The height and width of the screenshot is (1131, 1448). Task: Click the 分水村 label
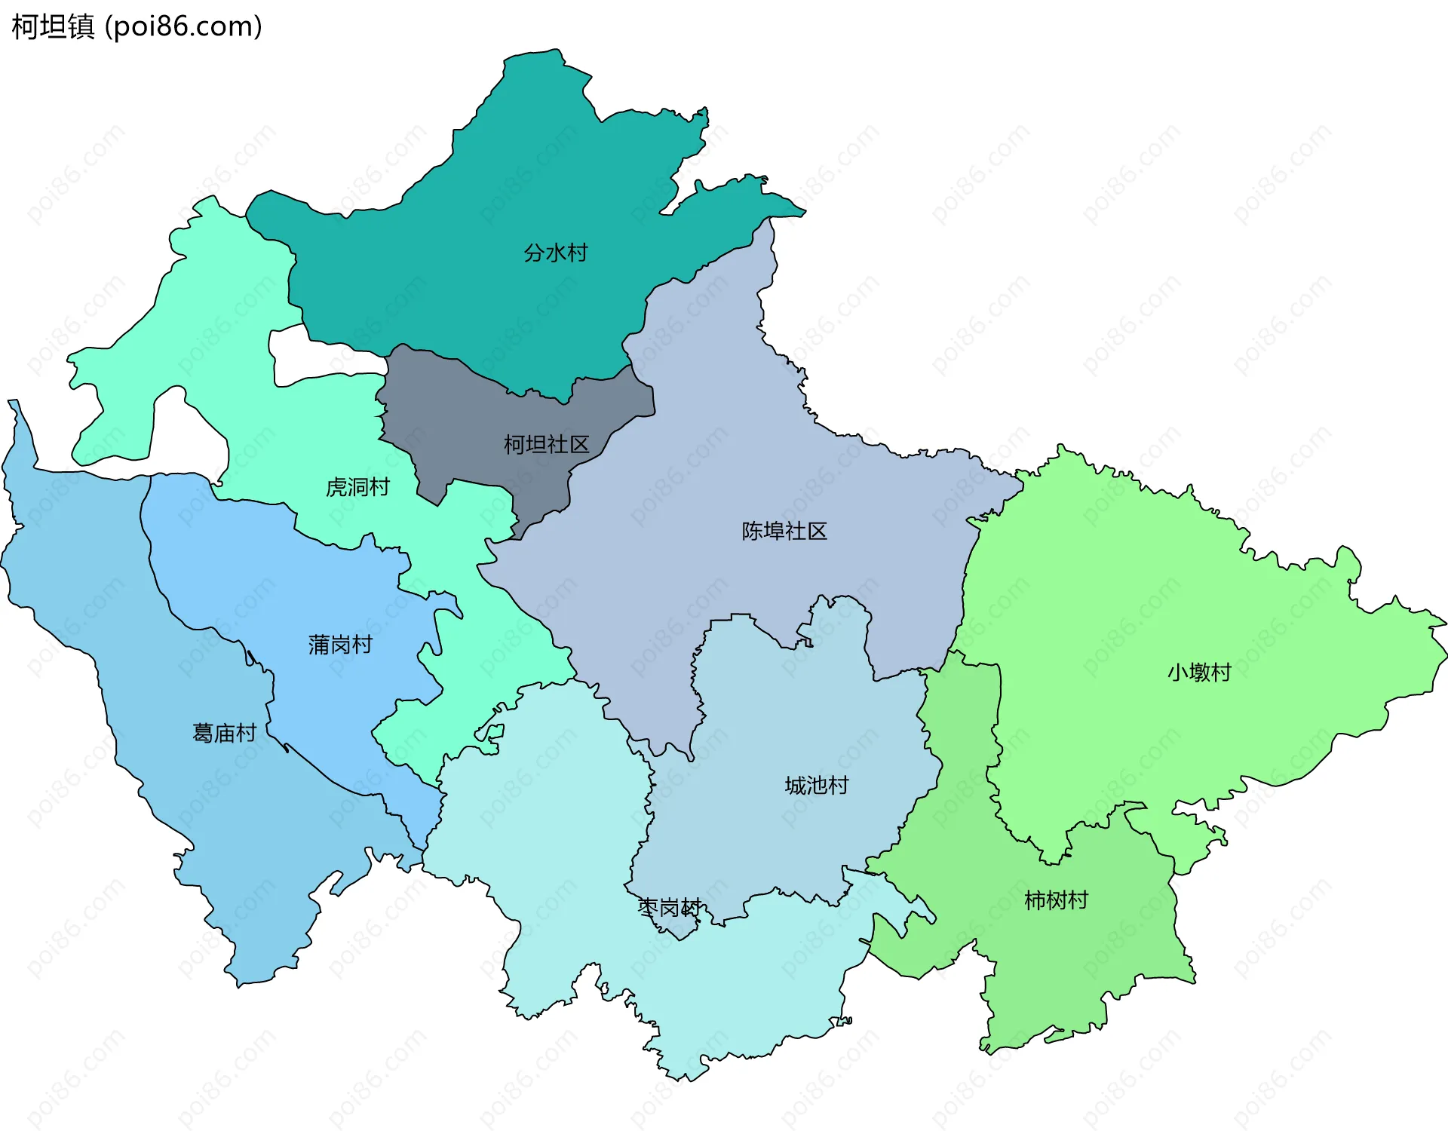(556, 253)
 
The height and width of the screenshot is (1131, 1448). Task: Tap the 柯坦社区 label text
(546, 444)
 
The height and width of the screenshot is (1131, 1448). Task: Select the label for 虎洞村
(357, 487)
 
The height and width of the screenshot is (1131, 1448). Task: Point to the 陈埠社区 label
(784, 531)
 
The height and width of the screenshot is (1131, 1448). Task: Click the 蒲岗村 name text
(340, 645)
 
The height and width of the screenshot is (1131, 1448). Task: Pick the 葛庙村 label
(224, 733)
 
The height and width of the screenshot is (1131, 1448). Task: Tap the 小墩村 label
(1199, 672)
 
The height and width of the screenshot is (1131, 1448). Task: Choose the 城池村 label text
(817, 786)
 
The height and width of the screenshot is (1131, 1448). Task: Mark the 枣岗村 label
(670, 907)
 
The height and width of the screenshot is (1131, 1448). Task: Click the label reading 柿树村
(1056, 900)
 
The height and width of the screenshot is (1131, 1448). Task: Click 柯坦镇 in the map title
(53, 26)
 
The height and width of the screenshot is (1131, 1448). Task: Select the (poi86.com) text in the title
(183, 26)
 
